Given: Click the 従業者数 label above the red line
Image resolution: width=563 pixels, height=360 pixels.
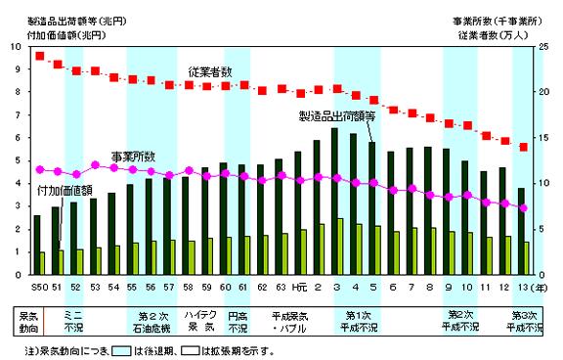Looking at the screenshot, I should tap(211, 72).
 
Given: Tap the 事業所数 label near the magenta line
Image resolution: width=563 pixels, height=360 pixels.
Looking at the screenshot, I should tap(132, 157).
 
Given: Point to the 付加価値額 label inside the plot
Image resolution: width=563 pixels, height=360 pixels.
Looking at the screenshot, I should tap(65, 190).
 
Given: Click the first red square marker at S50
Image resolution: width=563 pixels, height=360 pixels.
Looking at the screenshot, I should tap(40, 56).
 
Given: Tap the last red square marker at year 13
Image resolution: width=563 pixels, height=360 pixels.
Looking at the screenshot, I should tap(523, 147).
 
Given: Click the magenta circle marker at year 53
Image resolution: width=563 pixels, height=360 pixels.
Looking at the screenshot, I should tap(96, 165).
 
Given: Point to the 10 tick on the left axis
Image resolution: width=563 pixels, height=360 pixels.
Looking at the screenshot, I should tap(14, 46).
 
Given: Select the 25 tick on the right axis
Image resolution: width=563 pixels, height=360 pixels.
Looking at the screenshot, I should tap(543, 46).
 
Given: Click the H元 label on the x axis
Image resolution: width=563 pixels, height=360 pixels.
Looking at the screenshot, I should tap(299, 286).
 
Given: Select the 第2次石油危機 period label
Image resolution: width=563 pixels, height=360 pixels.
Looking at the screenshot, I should tap(152, 321).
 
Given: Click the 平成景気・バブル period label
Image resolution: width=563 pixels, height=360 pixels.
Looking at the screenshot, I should tap(291, 321).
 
